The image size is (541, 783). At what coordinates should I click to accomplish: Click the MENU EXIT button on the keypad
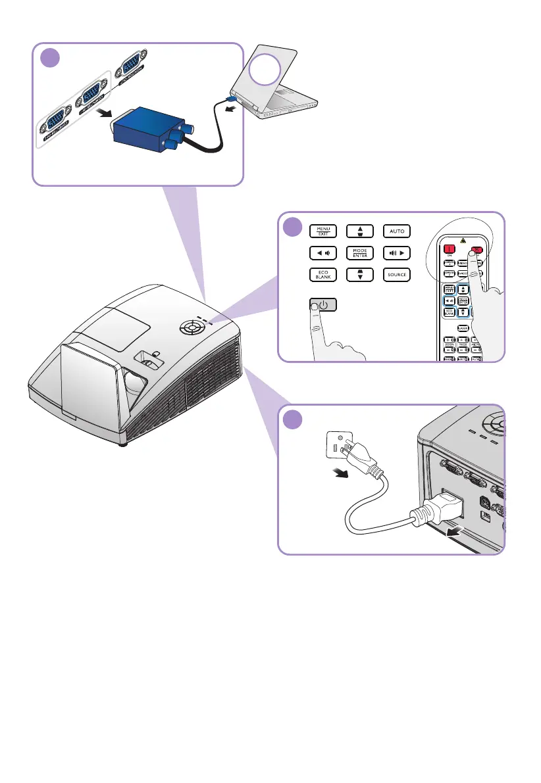click(322, 231)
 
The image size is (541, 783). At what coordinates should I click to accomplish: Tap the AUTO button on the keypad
click(396, 231)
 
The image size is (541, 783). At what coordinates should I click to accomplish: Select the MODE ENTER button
click(359, 252)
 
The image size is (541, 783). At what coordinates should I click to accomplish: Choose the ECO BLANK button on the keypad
click(322, 275)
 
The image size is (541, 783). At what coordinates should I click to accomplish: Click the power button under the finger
click(322, 305)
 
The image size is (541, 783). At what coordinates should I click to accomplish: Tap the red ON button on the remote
click(450, 250)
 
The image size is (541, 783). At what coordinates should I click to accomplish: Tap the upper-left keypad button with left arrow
click(322, 252)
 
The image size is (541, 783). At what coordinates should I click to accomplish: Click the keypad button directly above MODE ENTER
click(359, 231)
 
